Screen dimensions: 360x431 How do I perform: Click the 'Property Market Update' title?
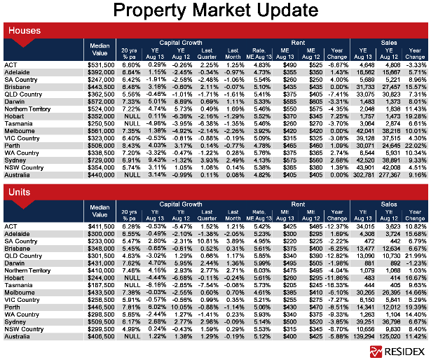pyautogui.click(x=215, y=11)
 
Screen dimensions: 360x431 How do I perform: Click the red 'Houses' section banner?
pyautogui.click(x=24, y=31)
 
